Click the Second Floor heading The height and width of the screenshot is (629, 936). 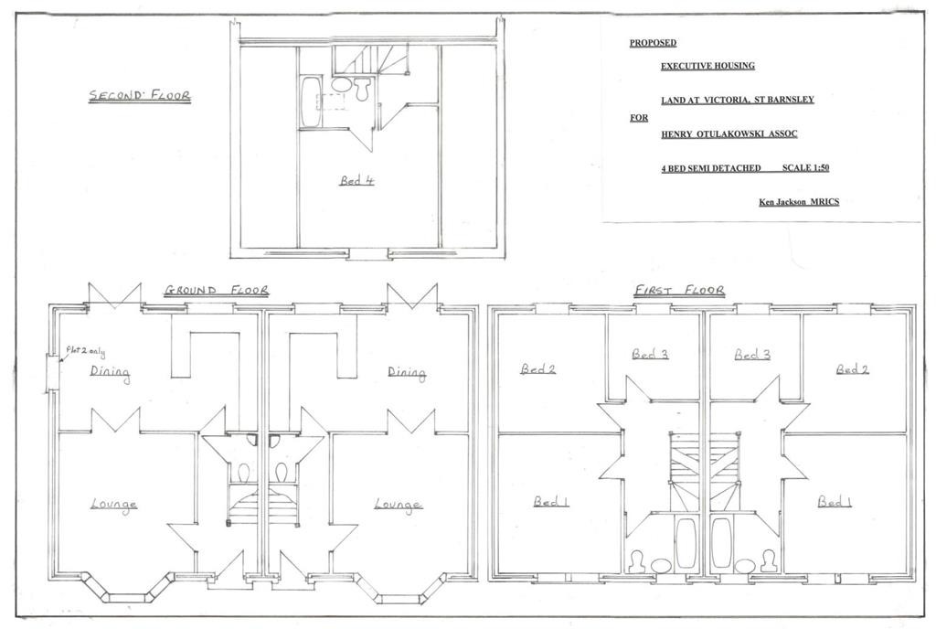pos(140,95)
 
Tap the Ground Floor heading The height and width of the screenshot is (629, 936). pos(216,291)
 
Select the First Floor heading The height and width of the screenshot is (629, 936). pos(679,291)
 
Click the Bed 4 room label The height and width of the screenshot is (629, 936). pos(357,180)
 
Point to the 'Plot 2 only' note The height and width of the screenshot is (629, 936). pos(85,352)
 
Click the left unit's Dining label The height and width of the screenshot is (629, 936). pos(110,372)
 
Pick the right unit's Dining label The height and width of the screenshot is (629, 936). pos(407,372)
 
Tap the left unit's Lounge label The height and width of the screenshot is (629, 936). pos(114,505)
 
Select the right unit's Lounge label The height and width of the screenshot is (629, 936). pos(399,505)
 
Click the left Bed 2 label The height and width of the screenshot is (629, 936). pos(537,369)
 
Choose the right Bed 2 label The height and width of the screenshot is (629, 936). pos(853,369)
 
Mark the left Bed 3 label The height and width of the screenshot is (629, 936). pos(650,355)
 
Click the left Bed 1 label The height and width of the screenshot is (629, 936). pos(551,501)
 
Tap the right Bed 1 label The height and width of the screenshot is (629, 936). pos(835,501)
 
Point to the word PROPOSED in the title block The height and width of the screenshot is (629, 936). pos(653,43)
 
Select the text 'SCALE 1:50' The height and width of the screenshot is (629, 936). pos(806,168)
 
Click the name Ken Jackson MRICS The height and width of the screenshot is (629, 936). pos(799,202)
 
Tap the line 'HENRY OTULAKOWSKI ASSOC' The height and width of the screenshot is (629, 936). pos(729,134)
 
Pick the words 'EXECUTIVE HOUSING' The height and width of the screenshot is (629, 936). pos(707,66)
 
